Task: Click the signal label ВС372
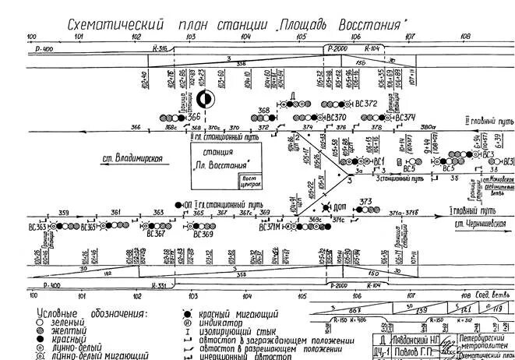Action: [x=365, y=103]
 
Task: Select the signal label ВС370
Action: [x=336, y=118]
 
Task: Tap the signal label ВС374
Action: [x=407, y=118]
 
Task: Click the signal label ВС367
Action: [x=155, y=234]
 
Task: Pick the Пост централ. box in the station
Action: [x=249, y=182]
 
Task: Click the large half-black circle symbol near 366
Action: [x=204, y=99]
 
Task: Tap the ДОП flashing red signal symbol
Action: [x=325, y=208]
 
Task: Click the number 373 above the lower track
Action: [x=367, y=202]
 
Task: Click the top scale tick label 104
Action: [x=246, y=37]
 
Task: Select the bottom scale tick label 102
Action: [x=136, y=296]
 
